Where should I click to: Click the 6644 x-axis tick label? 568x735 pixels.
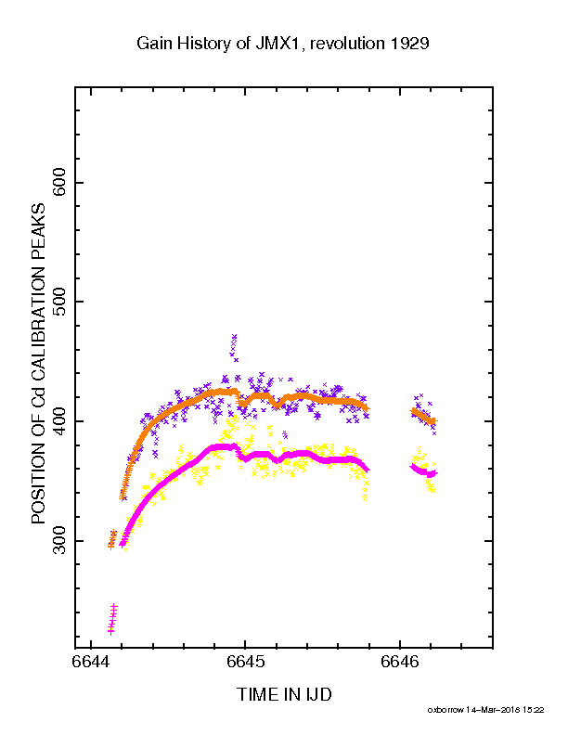tap(91, 662)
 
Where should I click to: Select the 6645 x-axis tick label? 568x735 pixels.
tap(245, 662)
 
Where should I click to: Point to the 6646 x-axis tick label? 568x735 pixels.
tap(400, 662)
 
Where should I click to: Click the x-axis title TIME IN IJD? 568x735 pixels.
tap(285, 694)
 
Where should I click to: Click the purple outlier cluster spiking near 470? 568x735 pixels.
tap(234, 347)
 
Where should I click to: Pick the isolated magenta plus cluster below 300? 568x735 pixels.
tap(112, 619)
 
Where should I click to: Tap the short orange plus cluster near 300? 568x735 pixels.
tap(112, 539)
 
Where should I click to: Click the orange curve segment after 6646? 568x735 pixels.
tap(423, 416)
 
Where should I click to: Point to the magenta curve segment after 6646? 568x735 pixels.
tap(423, 471)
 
